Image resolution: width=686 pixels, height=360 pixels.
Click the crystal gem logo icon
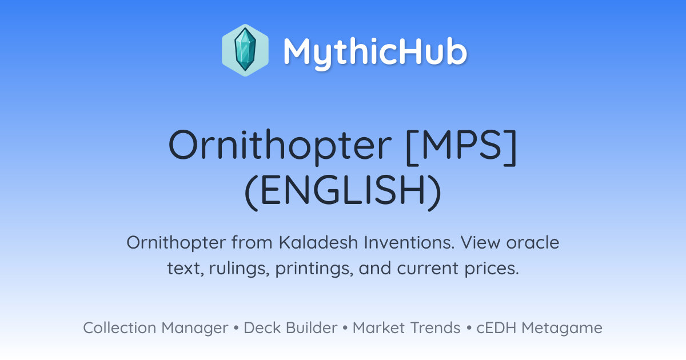click(245, 50)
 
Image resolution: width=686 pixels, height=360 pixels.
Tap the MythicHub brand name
click(375, 51)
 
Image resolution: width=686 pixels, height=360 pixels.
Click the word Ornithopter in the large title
click(280, 145)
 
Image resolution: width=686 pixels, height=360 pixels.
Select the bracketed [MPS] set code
click(461, 147)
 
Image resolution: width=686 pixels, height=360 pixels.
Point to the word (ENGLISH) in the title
click(343, 191)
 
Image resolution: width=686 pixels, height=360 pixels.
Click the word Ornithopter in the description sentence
click(176, 242)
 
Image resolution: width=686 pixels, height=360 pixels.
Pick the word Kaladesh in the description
click(318, 242)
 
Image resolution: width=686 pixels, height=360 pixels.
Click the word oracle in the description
click(533, 242)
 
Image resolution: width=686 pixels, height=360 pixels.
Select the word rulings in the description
click(239, 268)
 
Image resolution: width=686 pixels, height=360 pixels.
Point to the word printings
click(314, 268)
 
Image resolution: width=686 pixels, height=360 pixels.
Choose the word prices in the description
click(492, 268)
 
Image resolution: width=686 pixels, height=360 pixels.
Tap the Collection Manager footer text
click(155, 328)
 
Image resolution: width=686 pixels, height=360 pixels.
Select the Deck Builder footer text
click(290, 327)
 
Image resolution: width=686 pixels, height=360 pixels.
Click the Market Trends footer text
click(406, 327)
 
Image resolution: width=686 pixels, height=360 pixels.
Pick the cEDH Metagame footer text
click(539, 328)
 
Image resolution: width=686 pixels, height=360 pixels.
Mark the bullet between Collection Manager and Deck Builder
click(236, 328)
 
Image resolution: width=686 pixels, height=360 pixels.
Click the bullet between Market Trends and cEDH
click(469, 328)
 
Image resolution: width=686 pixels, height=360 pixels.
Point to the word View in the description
click(480, 242)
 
